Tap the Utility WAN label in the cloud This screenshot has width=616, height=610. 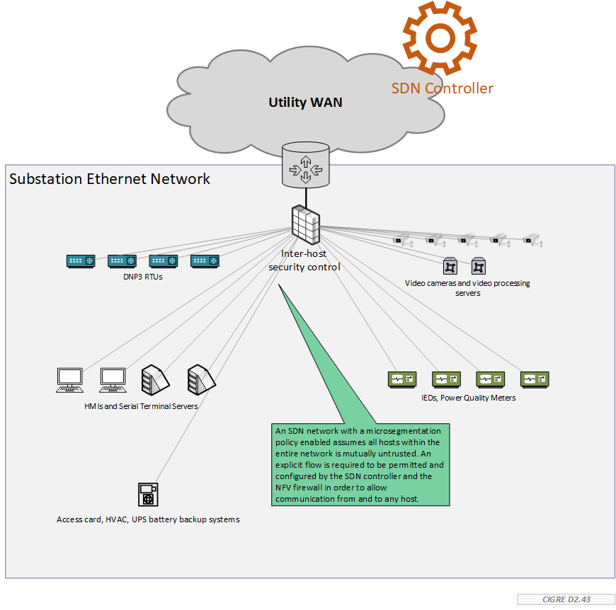pos(305,103)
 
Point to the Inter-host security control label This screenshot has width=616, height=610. pos(304,260)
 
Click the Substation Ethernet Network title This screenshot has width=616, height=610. pos(110,179)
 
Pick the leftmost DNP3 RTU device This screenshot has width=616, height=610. pos(80,261)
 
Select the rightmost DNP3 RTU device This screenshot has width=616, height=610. pos(205,261)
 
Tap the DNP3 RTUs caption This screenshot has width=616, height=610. pos(142,277)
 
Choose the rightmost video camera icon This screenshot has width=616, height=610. pos(532,241)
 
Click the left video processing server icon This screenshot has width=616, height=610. pos(450,266)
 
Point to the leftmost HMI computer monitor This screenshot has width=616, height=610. pos(69,379)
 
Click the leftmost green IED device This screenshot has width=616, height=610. pos(401,379)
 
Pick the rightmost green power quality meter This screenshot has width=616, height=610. pos(535,379)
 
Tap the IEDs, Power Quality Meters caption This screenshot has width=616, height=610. pos(468,398)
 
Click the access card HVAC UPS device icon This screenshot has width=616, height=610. pos(148,495)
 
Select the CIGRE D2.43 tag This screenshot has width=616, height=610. pos(565,599)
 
